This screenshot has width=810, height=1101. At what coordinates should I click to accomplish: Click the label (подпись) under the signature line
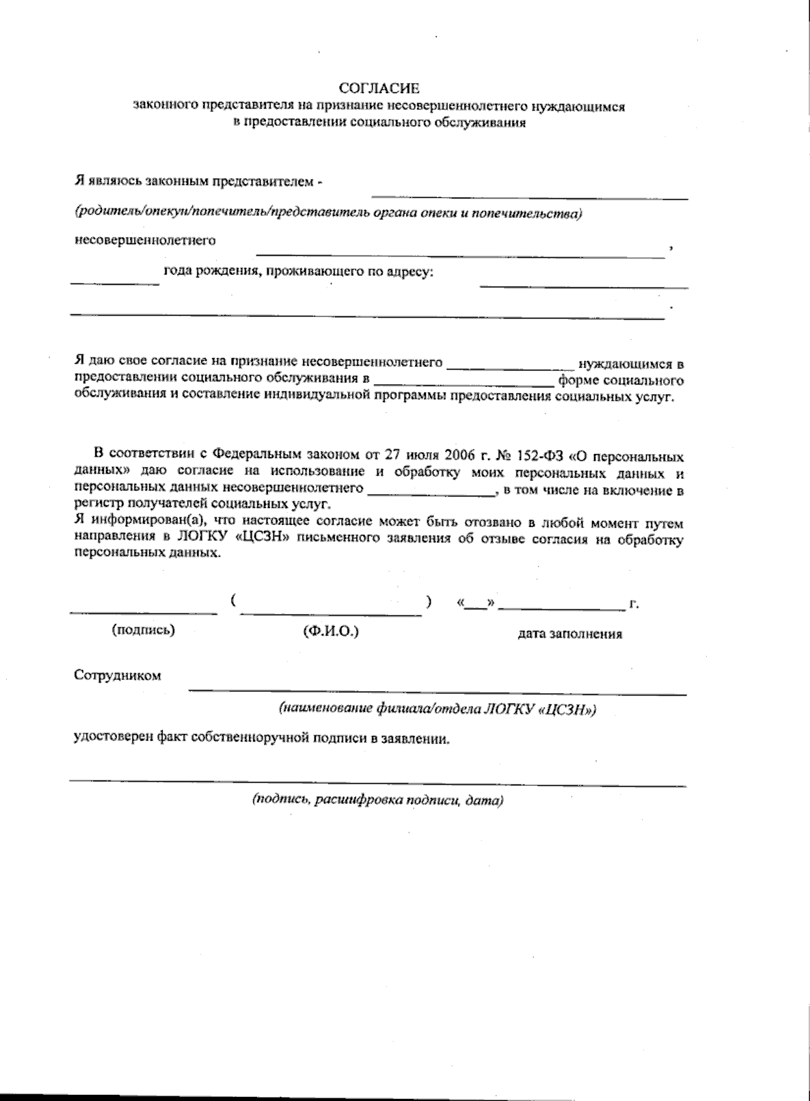click(x=143, y=630)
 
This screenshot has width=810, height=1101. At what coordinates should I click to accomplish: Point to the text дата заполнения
click(x=570, y=634)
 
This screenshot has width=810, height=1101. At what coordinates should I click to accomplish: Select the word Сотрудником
click(x=117, y=675)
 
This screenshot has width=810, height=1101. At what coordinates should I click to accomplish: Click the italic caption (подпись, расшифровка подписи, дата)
click(x=378, y=801)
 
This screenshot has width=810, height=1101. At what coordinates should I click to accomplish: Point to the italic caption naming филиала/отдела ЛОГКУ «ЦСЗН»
click(x=438, y=709)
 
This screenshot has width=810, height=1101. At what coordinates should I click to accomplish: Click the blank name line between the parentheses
click(x=331, y=613)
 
